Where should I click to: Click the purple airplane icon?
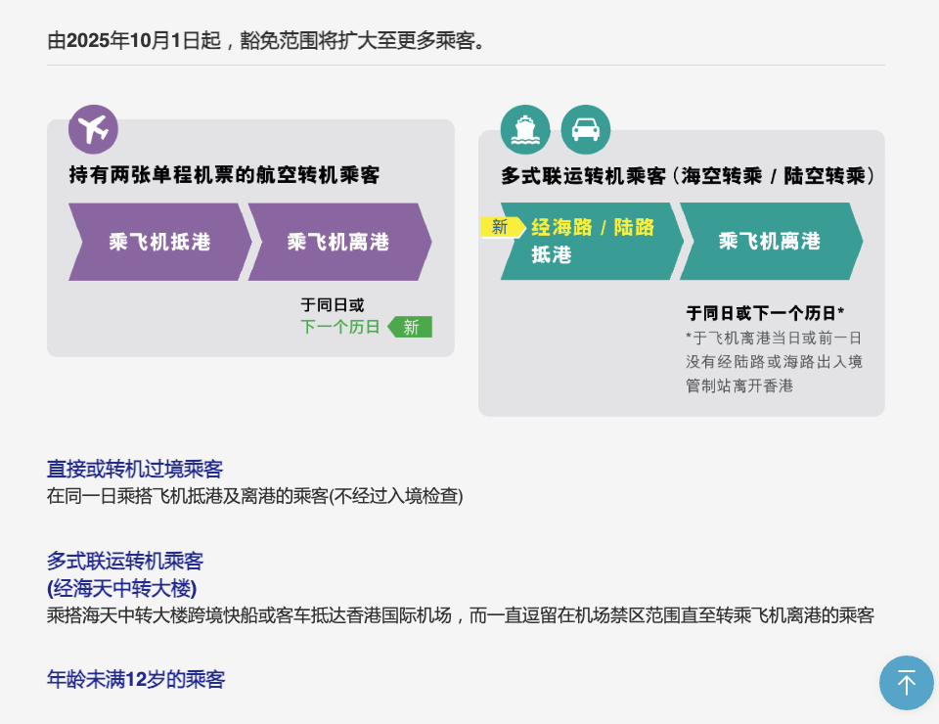(93, 129)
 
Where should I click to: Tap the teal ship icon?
(525, 129)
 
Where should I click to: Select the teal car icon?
(586, 129)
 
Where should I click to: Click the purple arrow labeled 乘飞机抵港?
(159, 242)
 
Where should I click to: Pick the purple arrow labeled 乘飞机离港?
(338, 242)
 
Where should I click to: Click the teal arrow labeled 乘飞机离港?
(770, 242)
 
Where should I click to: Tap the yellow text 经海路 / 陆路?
(593, 228)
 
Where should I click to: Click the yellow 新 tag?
(501, 227)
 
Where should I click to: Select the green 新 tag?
(411, 327)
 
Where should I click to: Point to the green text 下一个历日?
(340, 327)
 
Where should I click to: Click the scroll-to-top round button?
(906, 682)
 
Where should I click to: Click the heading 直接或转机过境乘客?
(135, 469)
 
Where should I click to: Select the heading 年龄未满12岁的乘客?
(136, 679)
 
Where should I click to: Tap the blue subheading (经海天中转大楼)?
(122, 588)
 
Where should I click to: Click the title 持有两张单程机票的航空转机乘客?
(224, 176)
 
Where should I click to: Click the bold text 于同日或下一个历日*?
(765, 313)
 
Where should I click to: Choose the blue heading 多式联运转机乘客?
(125, 562)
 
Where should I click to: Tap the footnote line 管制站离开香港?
(739, 385)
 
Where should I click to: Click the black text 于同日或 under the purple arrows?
(333, 305)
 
